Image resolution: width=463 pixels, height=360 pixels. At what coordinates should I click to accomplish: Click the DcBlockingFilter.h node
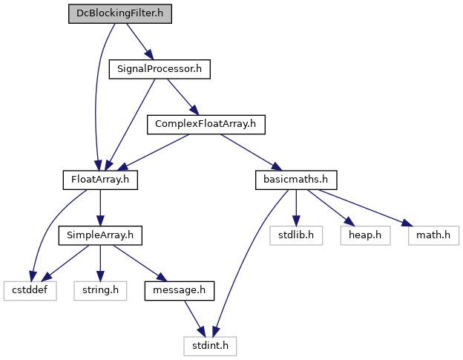[x=120, y=13]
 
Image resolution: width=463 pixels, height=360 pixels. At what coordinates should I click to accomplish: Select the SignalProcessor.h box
[x=160, y=69]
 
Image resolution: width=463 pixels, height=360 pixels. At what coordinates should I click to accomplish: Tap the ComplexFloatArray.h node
[x=206, y=125]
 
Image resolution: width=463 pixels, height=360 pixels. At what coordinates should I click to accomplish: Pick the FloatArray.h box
[x=100, y=180]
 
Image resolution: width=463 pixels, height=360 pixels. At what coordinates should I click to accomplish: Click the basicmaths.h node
[x=296, y=180]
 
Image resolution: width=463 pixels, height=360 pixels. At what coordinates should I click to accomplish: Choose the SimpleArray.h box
[x=100, y=235]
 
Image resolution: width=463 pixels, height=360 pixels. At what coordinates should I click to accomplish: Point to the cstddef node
[x=30, y=291]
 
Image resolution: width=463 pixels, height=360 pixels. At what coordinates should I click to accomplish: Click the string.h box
[x=100, y=291]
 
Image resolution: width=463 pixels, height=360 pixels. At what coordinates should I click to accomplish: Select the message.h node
[x=180, y=291]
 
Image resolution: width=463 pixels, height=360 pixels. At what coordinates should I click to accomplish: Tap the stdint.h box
[x=210, y=346]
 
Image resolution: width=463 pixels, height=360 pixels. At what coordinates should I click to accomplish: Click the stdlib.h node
[x=296, y=235]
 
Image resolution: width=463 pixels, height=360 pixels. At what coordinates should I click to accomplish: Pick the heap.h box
[x=365, y=235]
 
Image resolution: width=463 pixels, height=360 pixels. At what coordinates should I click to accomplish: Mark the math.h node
[x=433, y=235]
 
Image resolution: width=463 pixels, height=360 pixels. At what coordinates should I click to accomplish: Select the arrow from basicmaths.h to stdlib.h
[x=296, y=208]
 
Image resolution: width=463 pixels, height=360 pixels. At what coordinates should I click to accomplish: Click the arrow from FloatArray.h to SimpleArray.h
[x=100, y=208]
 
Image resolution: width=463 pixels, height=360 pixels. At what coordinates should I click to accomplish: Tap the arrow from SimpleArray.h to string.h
[x=100, y=263]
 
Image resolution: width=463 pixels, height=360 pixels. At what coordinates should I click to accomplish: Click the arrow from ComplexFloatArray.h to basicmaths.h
[x=252, y=152]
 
